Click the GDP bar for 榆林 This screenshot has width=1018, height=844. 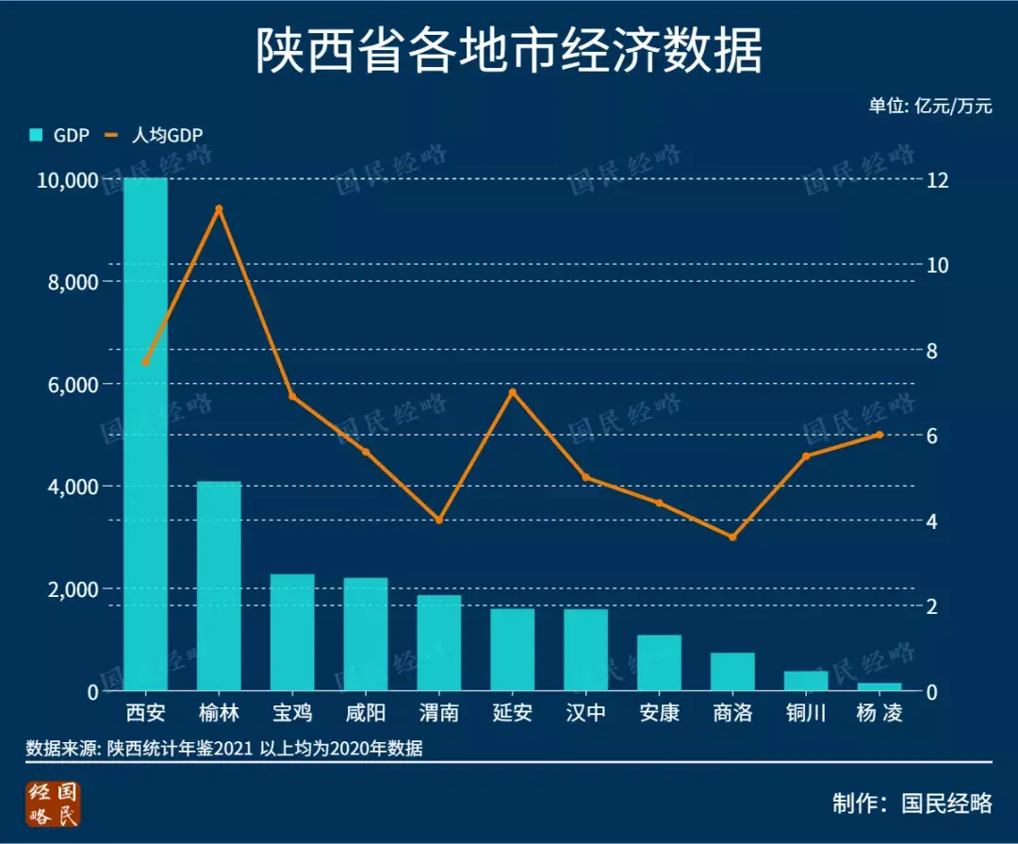[219, 586]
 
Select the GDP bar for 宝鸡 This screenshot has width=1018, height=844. [292, 632]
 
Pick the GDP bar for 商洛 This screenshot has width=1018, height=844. [732, 671]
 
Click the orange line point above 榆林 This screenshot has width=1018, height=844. [219, 208]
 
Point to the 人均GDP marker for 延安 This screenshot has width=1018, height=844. [513, 392]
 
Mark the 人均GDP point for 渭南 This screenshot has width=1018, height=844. [439, 521]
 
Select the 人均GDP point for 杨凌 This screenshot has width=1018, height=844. [879, 435]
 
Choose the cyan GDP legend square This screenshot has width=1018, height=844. [37, 136]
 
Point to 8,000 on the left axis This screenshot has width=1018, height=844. [73, 282]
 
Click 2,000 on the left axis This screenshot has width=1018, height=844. [73, 589]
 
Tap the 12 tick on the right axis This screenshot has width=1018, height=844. [938, 180]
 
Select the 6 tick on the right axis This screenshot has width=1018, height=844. [932, 436]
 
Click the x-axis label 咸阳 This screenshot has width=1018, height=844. [366, 713]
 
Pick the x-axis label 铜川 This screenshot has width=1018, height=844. [806, 713]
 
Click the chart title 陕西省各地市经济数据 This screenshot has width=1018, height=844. [509, 51]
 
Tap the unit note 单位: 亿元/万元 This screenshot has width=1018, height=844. [930, 106]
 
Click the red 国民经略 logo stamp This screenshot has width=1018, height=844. [55, 804]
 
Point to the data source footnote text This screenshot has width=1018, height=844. [224, 750]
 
